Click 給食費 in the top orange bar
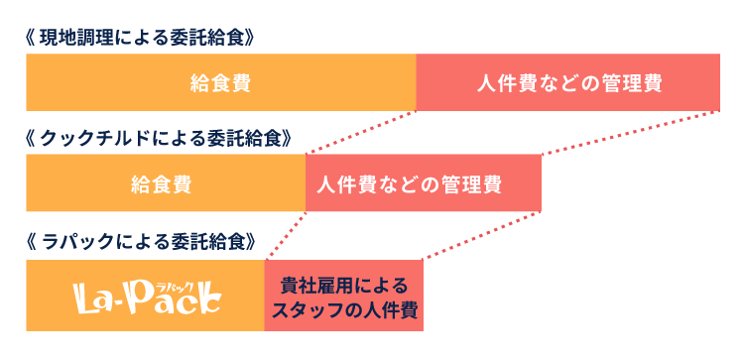[x=219, y=82]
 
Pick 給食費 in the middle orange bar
[x=161, y=183]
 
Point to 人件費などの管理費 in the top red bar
[x=567, y=82]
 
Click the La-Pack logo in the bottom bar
[x=147, y=296]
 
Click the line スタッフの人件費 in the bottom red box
[x=343, y=308]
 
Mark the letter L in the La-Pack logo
[x=87, y=296]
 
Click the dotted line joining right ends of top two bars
[x=631, y=132]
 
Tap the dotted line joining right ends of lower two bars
[x=482, y=236]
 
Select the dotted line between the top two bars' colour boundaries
[x=361, y=132]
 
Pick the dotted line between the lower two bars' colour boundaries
[x=286, y=236]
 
